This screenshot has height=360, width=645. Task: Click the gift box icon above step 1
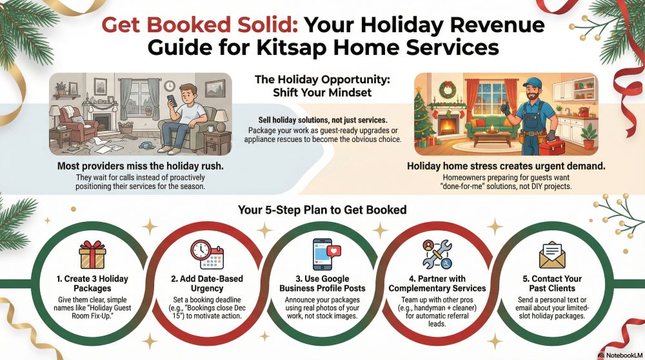point(92,255)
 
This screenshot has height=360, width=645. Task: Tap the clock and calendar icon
point(206,255)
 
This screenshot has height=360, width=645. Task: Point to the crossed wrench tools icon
point(437,255)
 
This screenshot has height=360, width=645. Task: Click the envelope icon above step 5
point(552,255)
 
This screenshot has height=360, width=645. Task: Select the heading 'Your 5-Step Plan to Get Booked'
point(322,210)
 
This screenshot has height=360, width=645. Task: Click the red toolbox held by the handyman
point(552,146)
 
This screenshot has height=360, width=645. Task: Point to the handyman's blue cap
point(533,83)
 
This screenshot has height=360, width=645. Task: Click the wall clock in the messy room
point(170,86)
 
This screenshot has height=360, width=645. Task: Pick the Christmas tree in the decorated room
point(424,117)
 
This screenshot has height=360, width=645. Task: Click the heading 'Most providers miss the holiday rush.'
point(140,166)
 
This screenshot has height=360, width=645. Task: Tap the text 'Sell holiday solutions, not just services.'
point(322,120)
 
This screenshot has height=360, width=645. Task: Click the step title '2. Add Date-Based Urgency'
point(207,283)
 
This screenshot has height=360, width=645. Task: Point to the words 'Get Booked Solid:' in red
point(200,25)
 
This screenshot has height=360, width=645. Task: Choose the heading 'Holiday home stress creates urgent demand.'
point(506,166)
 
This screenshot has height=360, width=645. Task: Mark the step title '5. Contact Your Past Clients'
point(552,283)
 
